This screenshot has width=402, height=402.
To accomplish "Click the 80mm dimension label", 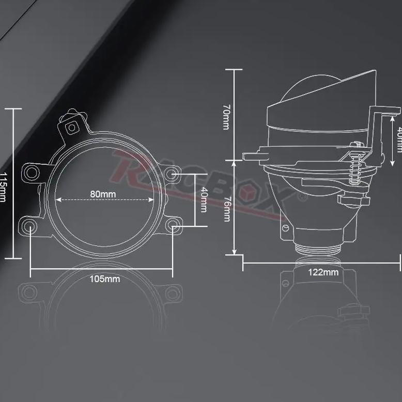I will coord(103,194).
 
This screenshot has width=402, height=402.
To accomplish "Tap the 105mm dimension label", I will coord(105,279).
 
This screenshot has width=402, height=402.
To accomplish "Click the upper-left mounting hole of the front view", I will coord(32,172).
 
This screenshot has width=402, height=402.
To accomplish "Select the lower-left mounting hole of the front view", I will coord(30,226).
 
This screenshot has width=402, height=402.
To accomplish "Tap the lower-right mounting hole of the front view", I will coord(173,225).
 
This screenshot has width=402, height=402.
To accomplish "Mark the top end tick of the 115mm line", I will coord(13,109).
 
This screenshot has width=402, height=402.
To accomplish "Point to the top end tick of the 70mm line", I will coord(235,70).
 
